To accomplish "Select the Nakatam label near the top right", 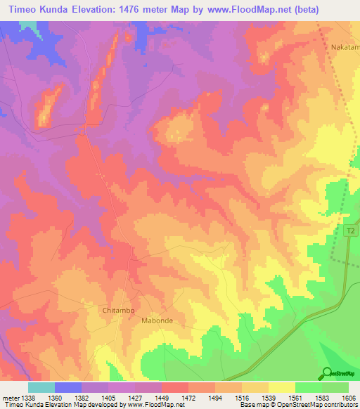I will [345, 48].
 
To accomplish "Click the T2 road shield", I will [351, 230].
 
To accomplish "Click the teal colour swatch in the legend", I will [41, 387].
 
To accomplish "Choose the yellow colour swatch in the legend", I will [281, 387].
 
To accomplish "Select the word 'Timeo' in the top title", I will [22, 10].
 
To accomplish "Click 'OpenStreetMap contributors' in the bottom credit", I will [314, 405].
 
